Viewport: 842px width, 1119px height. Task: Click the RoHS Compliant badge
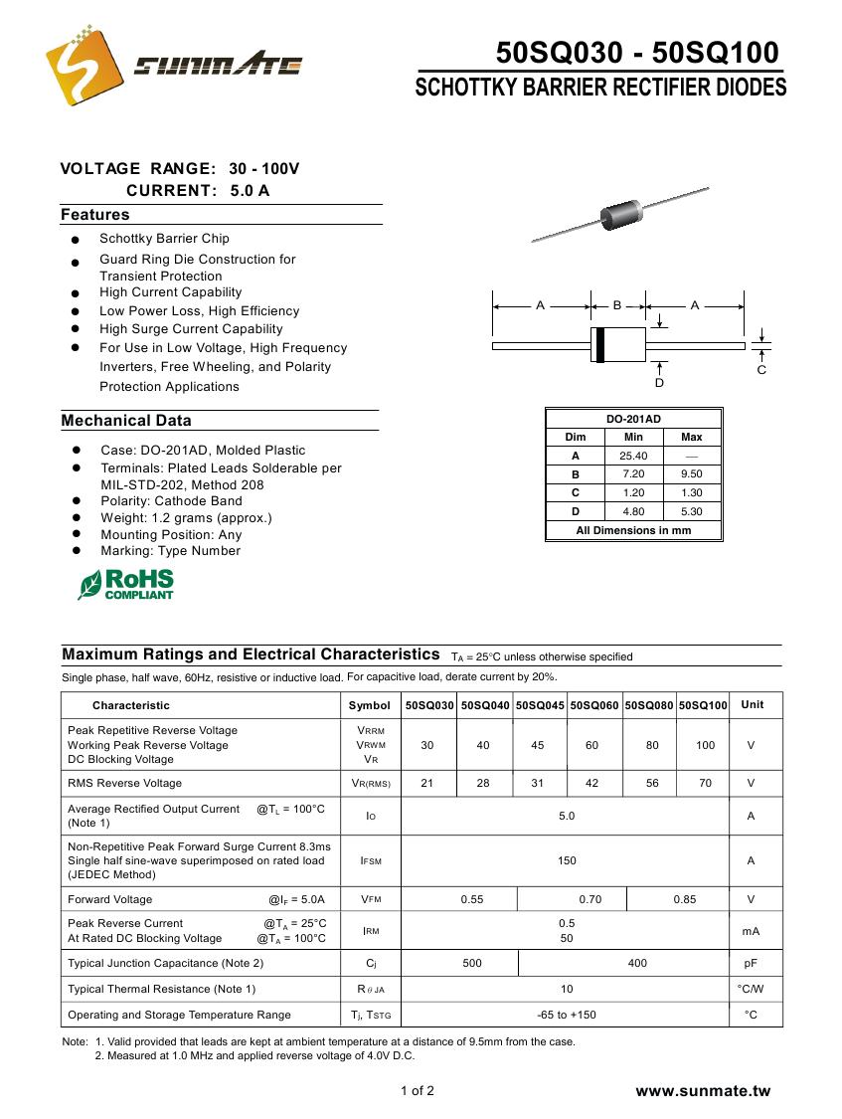point(126,584)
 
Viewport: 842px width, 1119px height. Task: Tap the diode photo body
point(619,213)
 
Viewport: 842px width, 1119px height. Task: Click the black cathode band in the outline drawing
point(599,344)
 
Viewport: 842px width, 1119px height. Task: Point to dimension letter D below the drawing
point(659,383)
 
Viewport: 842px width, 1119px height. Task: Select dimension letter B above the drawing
point(617,305)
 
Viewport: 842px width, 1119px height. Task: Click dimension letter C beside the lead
point(761,370)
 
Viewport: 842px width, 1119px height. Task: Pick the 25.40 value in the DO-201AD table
point(633,456)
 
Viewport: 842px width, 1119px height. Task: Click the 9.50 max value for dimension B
point(692,474)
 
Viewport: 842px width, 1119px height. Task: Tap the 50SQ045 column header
point(539,705)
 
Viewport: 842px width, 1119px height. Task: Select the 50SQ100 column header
point(704,705)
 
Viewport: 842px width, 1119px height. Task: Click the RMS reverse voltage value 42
point(592,783)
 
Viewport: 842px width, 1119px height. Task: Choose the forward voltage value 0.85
point(684,899)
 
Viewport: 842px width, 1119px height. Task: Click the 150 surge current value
point(567,860)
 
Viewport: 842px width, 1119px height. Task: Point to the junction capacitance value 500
point(472,963)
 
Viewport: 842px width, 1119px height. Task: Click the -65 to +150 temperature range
point(567,1015)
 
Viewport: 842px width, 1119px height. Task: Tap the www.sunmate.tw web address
point(703,1091)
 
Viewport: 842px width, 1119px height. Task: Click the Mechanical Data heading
point(126,421)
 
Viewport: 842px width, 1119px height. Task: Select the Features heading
point(95,215)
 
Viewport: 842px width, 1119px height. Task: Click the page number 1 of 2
point(418,1090)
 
